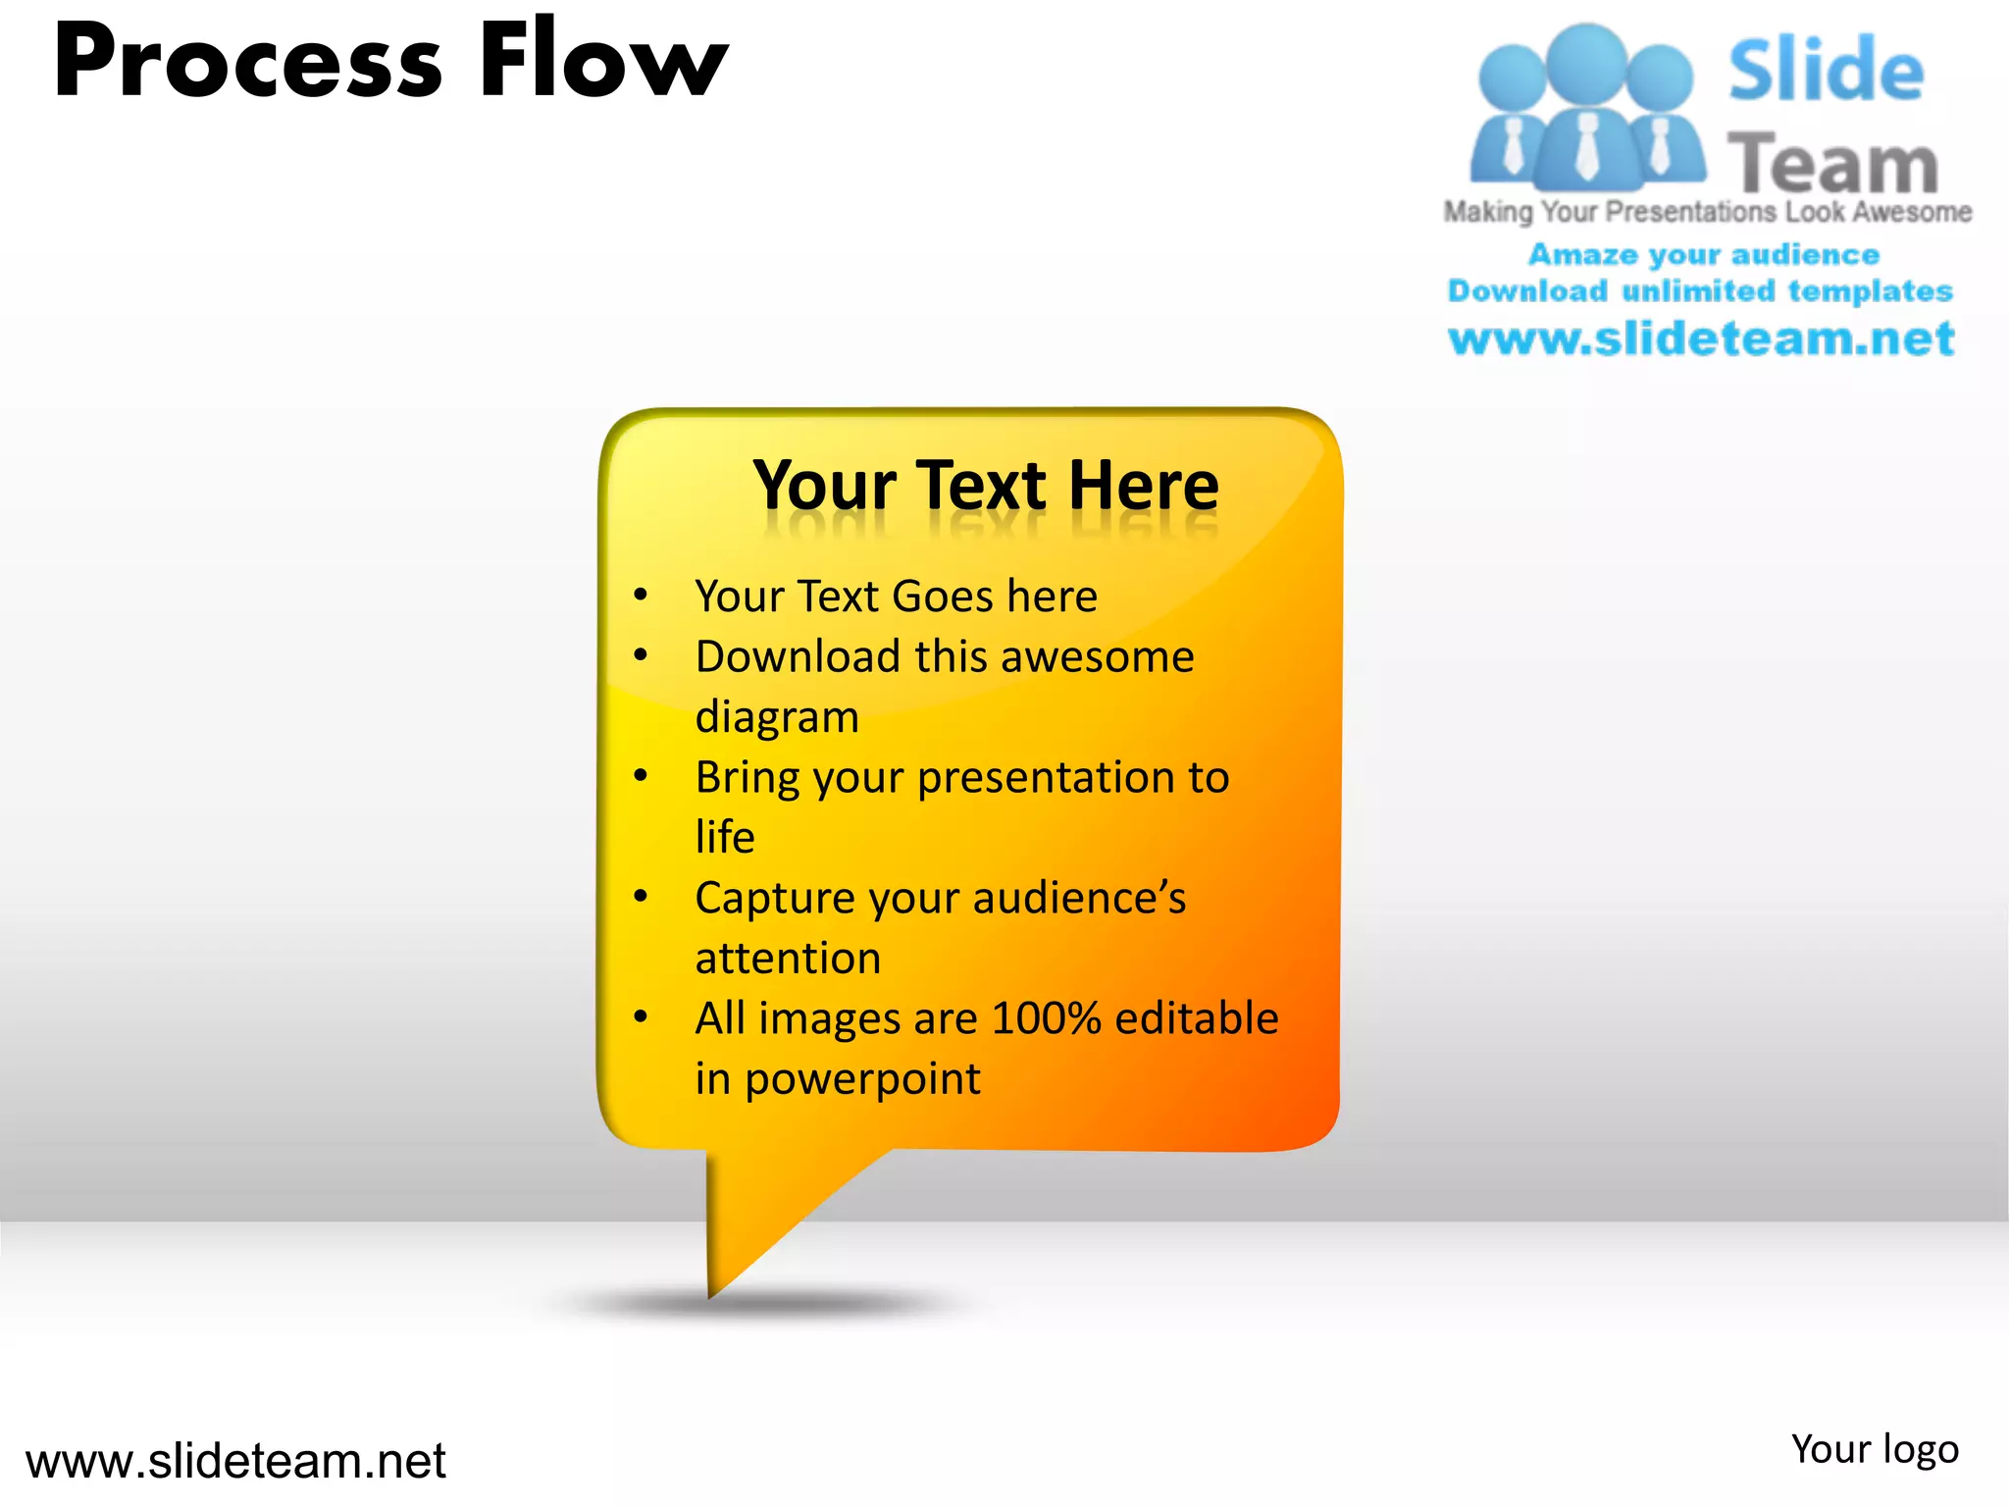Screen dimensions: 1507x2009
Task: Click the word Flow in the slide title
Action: click(603, 61)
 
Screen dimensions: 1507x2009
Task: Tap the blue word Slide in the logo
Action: click(1826, 71)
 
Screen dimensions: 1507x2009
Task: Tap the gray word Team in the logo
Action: click(1832, 163)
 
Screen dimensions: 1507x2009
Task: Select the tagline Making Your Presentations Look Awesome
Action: click(1707, 212)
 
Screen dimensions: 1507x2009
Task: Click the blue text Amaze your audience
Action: click(1704, 255)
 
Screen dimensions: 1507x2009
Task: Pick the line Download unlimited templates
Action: click(1700, 291)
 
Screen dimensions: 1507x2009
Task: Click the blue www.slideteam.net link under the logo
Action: click(1701, 339)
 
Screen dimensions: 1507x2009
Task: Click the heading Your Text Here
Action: click(985, 486)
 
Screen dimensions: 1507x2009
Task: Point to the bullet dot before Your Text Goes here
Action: click(641, 595)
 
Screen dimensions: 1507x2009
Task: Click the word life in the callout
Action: click(725, 838)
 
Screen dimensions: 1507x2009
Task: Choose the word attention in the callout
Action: click(788, 959)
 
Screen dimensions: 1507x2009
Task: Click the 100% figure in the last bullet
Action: click(1046, 1018)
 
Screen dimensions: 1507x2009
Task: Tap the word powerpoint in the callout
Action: click(862, 1079)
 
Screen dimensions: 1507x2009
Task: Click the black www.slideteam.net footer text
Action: click(235, 1461)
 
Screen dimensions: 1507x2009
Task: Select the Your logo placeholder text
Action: click(1874, 1450)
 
